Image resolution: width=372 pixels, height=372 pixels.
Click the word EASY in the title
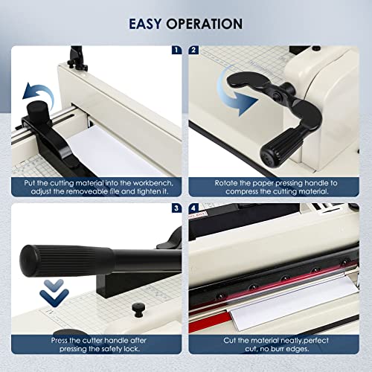click(x=145, y=24)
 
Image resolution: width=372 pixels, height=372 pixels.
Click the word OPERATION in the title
click(x=205, y=24)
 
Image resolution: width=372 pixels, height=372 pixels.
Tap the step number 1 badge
click(x=176, y=50)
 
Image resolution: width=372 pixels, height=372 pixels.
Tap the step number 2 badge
click(x=193, y=50)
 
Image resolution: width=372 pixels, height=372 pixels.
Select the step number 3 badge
click(x=176, y=208)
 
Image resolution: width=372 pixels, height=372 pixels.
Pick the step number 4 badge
click(x=193, y=208)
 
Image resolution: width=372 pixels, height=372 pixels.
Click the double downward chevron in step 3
click(x=54, y=292)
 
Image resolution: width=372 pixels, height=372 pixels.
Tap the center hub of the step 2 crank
click(x=276, y=94)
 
